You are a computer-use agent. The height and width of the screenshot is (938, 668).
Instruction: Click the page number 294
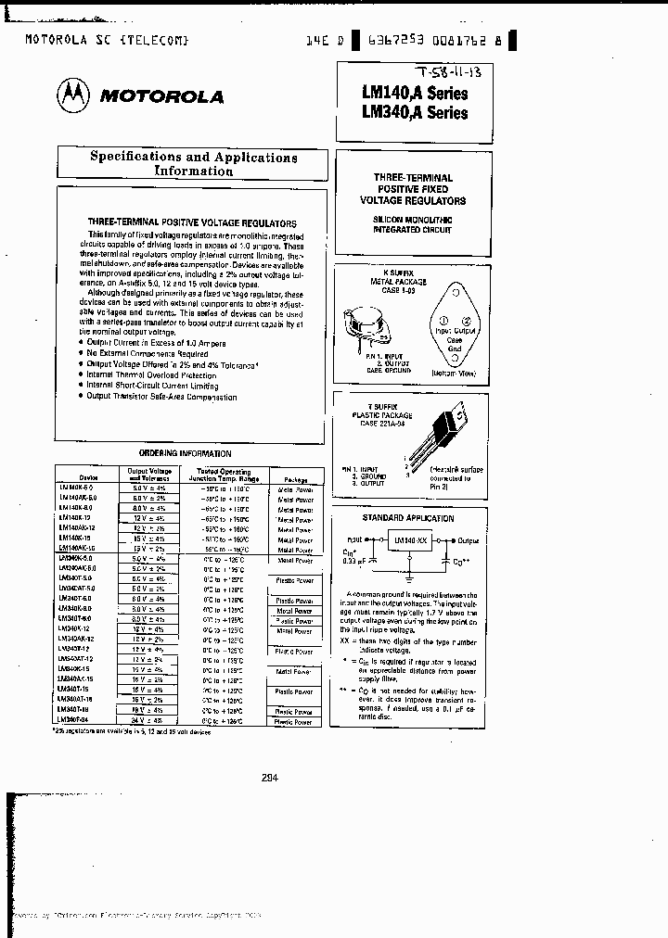click(x=270, y=778)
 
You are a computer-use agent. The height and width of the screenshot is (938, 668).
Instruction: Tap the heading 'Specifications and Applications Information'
click(x=193, y=164)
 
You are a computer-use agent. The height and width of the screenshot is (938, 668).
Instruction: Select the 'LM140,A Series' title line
click(x=414, y=94)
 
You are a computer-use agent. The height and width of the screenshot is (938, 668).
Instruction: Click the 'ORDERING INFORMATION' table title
click(x=185, y=453)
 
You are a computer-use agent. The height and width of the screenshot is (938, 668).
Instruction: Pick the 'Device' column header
click(x=77, y=472)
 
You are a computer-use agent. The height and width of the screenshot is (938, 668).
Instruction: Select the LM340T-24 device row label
click(x=77, y=720)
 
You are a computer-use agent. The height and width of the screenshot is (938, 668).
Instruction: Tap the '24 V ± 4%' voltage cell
click(x=147, y=721)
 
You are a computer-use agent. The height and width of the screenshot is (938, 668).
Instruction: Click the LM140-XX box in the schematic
click(x=411, y=539)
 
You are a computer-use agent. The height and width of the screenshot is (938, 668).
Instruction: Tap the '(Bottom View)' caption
click(x=454, y=373)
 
